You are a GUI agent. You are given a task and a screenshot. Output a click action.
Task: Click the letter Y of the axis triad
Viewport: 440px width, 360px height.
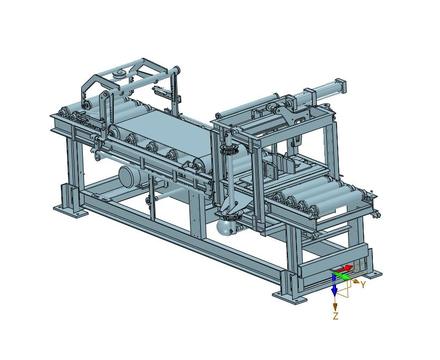coord(363,284)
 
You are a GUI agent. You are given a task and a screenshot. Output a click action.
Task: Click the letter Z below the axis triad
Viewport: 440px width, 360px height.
coord(336,316)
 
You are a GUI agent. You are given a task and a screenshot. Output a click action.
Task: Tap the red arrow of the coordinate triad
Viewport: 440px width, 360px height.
coord(342,268)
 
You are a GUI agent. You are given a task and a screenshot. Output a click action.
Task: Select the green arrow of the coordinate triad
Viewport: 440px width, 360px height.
coord(342,276)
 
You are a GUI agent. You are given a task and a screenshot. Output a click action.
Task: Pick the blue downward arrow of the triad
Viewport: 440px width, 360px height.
coord(334,285)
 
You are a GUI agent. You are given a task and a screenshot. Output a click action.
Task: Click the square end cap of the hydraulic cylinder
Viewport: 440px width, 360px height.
coord(341,86)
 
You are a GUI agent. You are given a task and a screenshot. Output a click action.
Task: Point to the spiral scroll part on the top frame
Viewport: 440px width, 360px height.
coord(119,74)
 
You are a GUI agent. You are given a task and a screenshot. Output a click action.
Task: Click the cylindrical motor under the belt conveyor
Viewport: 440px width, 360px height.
coord(129,176)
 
